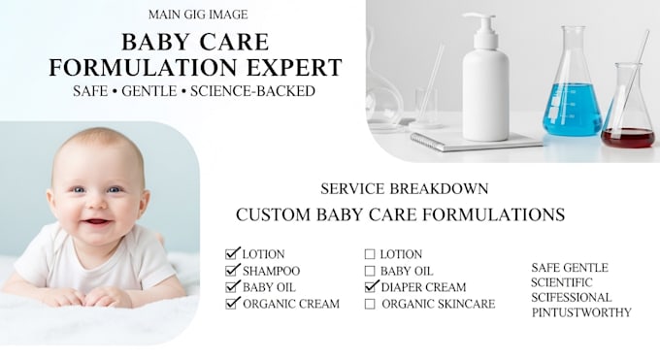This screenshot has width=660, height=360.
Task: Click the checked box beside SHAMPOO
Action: point(231,271)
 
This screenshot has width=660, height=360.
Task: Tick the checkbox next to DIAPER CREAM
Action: point(370,287)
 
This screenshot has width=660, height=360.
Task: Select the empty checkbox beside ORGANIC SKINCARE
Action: point(370,304)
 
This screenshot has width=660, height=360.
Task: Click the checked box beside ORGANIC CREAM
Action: point(231,304)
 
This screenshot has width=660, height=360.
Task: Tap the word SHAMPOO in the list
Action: point(272,271)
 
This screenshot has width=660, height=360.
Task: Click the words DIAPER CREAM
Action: point(423,287)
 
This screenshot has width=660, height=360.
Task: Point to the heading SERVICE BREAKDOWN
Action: point(405,188)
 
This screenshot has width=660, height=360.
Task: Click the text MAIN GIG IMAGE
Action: point(198,15)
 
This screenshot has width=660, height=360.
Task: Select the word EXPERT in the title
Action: point(294,68)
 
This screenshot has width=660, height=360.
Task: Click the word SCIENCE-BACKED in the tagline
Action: point(252,91)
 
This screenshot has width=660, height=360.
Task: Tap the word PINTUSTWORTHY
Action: point(581,312)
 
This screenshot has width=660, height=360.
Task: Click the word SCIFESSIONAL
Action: point(571,297)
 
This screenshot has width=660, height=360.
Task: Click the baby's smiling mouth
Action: point(97,221)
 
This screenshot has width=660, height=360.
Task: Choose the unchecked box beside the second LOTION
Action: point(370,254)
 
